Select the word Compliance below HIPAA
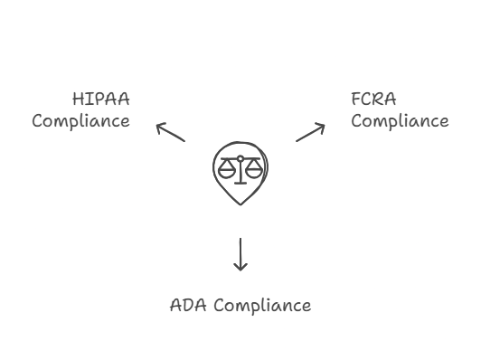point(80,120)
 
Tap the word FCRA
point(373,99)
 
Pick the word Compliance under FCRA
point(400,120)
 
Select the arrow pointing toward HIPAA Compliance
point(170,132)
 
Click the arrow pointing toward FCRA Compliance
point(311,132)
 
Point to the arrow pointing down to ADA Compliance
point(240,254)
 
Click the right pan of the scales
point(254,169)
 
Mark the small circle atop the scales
point(240,158)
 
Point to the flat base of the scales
point(240,183)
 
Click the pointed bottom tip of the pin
point(240,204)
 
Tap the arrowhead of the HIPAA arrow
point(158,126)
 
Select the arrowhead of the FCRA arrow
point(323,126)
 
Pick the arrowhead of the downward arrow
point(240,269)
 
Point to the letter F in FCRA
point(357,99)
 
